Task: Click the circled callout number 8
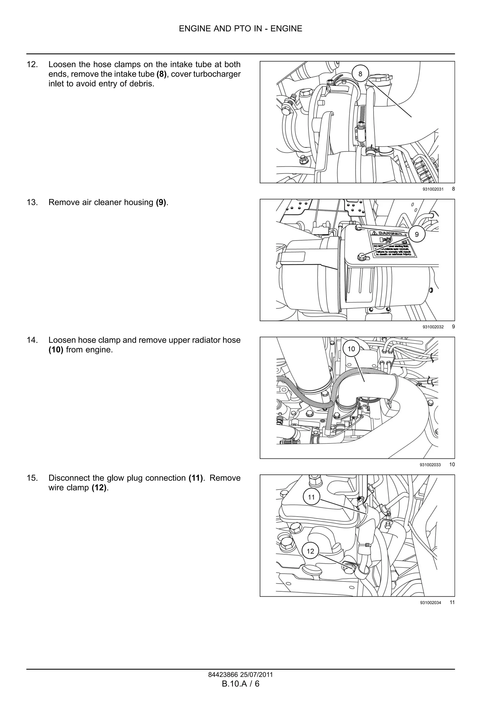[x=360, y=74]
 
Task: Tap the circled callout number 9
[x=417, y=234]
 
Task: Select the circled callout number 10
[x=351, y=349]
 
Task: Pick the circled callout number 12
[x=310, y=551]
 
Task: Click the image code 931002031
[x=433, y=189]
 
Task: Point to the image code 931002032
[x=433, y=327]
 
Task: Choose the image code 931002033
[x=430, y=465]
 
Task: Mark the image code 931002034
[x=430, y=603]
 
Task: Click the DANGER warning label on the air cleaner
[x=393, y=244]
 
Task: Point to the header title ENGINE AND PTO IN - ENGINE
[x=241, y=29]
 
